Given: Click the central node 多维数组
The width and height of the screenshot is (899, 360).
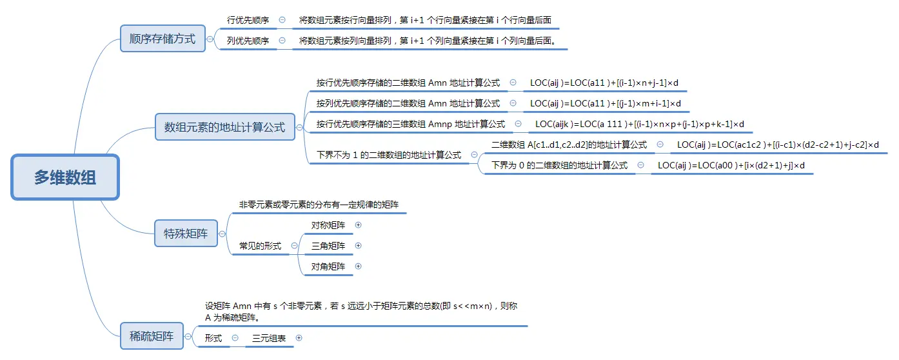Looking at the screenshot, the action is (65, 177).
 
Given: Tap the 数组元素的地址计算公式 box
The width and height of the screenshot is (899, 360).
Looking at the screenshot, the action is (224, 127).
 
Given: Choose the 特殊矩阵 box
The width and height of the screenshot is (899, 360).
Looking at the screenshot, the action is (186, 234).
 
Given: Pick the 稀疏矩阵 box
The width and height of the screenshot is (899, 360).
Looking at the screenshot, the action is (152, 336).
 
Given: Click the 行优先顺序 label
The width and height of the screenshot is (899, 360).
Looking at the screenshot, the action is (248, 21).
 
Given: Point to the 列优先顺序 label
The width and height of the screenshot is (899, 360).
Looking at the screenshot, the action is (248, 41).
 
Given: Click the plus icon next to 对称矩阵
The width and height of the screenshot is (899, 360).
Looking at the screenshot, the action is (359, 225).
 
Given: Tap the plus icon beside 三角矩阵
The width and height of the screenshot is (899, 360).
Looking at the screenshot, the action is (359, 246).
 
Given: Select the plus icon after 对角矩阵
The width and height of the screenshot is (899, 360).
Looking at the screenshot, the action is (359, 266).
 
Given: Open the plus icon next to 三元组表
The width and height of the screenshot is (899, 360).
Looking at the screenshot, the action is (299, 337).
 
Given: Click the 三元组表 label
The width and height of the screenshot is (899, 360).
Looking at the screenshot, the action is (269, 338).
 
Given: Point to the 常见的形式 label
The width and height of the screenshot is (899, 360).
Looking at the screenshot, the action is (260, 246).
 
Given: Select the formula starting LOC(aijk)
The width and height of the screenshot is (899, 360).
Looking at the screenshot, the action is (640, 124).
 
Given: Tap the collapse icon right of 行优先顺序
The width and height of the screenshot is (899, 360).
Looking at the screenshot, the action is (282, 20).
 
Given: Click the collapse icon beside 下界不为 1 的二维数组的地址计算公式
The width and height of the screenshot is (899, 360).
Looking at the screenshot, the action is (474, 155).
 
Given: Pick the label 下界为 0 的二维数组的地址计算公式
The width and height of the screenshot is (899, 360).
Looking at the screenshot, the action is (559, 165).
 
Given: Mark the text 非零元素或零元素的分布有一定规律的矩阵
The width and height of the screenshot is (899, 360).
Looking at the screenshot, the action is (319, 205).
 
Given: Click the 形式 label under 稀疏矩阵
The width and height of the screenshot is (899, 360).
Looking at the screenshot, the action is (213, 338).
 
